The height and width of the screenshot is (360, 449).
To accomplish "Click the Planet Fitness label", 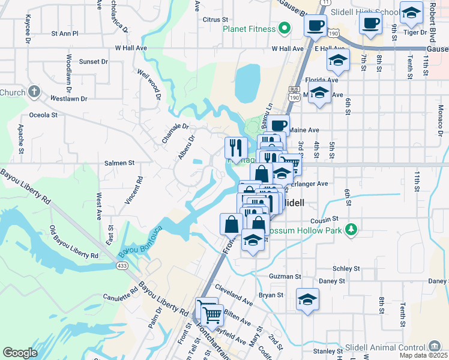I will coord(249,29).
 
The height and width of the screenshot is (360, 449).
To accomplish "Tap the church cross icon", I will coord(35,92).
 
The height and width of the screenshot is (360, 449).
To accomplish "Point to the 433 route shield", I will coord(122,265).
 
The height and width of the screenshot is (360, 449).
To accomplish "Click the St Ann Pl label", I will coord(65,34).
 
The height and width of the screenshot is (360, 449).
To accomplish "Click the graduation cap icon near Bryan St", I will coord(307,299).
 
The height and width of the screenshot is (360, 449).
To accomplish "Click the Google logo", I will coord(20,353).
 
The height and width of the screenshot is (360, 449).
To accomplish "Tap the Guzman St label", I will coord(285,277).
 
